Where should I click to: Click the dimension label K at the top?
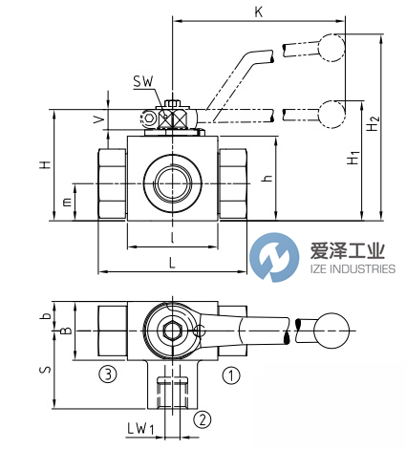tap(257, 11)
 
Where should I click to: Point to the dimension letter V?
tap(99, 118)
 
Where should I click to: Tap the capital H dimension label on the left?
tap(42, 164)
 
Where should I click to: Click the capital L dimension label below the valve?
tap(171, 261)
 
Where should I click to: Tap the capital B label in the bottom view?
tap(65, 331)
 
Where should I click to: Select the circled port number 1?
tap(229, 375)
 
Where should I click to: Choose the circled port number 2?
tap(202, 418)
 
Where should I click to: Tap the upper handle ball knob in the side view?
tap(331, 44)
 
